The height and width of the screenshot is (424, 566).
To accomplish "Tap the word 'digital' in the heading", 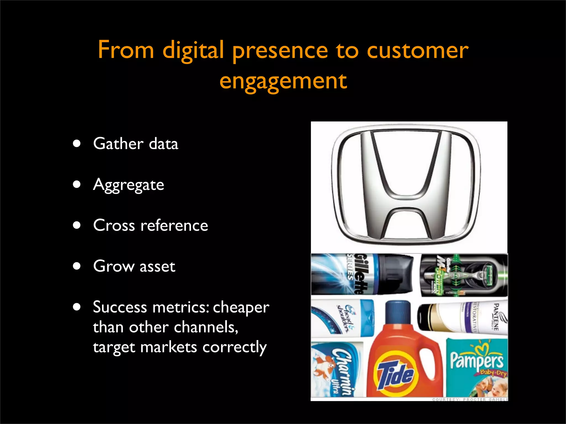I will click(193, 50).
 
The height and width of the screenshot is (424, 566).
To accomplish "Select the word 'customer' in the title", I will click(418, 50).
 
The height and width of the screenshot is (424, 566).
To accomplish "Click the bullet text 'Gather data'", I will click(135, 144).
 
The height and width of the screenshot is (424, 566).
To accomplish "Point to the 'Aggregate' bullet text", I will click(129, 185).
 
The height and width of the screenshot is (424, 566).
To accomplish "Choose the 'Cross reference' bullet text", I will click(150, 225).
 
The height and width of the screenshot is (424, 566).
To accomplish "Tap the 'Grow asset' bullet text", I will click(134, 266).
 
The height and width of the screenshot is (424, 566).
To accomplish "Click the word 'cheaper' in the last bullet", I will click(241, 307).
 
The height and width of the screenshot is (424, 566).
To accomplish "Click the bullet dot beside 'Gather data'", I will click(77, 144).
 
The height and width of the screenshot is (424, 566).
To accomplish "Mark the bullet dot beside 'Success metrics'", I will click(77, 307).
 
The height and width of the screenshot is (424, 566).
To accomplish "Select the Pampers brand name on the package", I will click(477, 360).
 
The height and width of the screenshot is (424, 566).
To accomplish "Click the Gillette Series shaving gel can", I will click(362, 274).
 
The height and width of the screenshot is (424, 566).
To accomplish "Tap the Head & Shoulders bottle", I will click(343, 318).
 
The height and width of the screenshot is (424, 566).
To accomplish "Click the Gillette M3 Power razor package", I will click(464, 275).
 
